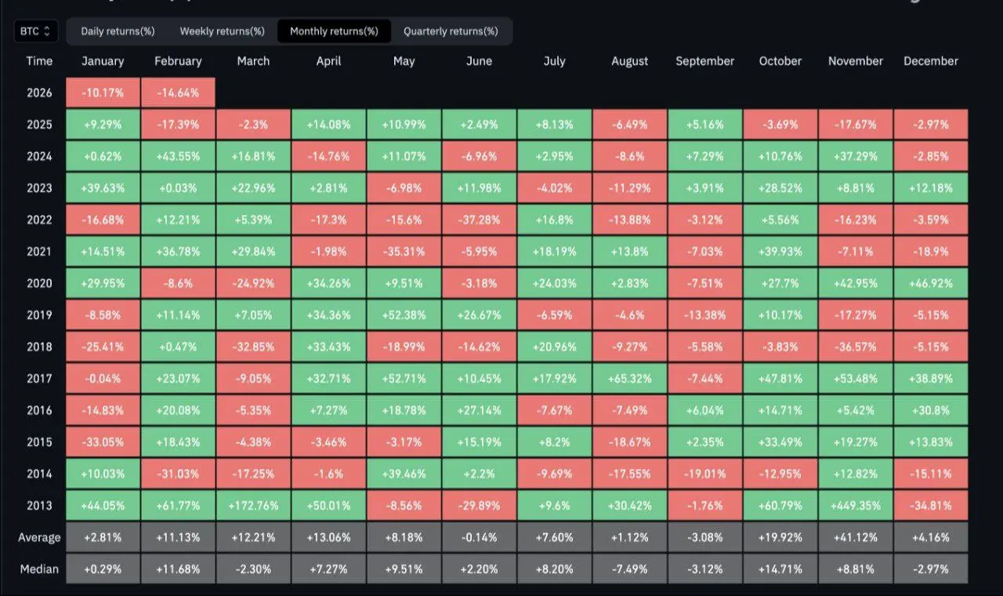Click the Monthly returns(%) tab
pos(334,31)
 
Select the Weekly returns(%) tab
pos(222,31)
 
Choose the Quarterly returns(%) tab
pos(451,31)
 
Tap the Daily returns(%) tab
pos(118,31)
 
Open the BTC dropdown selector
pos(35,31)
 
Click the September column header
pos(705,61)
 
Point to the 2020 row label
pos(39,283)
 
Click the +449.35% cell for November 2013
pos(856,506)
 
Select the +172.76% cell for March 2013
pos(253,506)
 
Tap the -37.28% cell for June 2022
pos(479,220)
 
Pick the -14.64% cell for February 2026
pos(178,93)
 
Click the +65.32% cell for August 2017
pos(629,379)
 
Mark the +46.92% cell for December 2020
pos(931,283)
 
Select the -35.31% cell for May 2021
pos(404,252)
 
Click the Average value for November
pos(856,538)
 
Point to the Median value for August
pos(629,569)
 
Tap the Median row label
pos(39,569)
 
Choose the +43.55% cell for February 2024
pos(178,156)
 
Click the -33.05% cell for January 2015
pos(103,442)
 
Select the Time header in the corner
pos(39,61)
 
